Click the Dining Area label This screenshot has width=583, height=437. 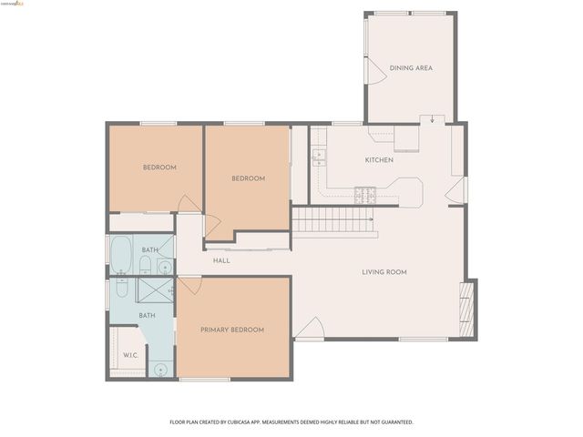coord(410,68)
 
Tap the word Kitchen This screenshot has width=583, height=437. coord(379,160)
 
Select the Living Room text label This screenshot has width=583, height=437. coord(384,272)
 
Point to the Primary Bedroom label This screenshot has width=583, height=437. coord(232,330)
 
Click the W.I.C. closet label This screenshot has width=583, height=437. coord(130,355)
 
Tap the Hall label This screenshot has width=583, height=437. coord(221,261)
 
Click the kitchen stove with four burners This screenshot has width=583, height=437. coord(366,194)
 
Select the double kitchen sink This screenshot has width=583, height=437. coord(318,158)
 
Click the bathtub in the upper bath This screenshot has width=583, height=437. coord(121,255)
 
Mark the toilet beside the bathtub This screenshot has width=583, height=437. coord(145,265)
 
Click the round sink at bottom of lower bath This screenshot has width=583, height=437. coord(160,370)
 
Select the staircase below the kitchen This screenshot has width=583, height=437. coord(333,220)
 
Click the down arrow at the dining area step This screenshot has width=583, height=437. coord(432,118)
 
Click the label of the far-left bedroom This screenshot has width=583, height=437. coord(159,168)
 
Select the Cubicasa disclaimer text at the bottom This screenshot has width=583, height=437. coord(291,422)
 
